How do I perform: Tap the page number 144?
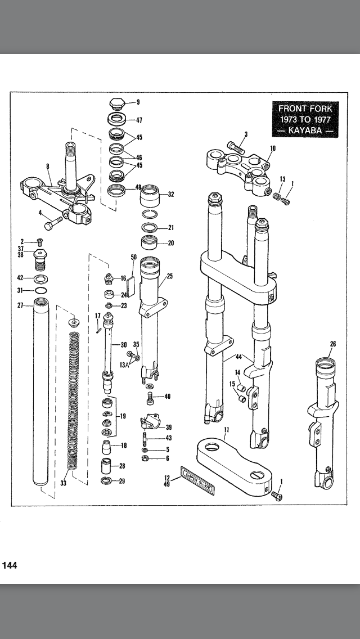(10, 565)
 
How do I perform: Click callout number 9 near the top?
(138, 102)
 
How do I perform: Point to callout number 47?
(139, 120)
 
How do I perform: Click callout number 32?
(171, 195)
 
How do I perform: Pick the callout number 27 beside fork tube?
(19, 305)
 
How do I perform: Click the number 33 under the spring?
(64, 483)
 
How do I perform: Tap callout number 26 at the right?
(332, 344)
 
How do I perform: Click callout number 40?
(167, 397)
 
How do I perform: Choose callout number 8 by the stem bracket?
(48, 166)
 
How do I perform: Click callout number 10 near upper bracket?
(273, 148)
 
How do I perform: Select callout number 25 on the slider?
(169, 276)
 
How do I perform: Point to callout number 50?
(134, 257)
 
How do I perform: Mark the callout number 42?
(20, 278)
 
